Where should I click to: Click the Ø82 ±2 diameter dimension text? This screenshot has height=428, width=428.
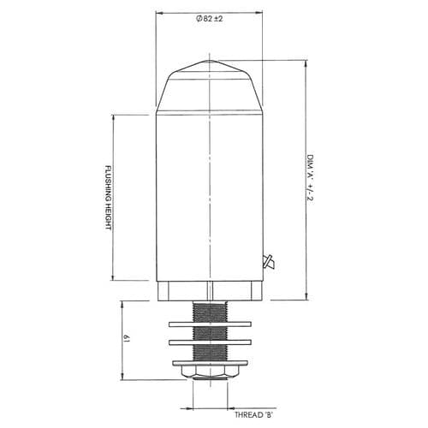point(209,20)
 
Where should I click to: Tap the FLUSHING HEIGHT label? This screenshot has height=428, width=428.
point(109,198)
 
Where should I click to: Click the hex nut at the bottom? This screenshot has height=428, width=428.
point(210,371)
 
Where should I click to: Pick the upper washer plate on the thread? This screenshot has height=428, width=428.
point(210,325)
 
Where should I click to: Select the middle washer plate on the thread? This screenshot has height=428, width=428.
point(210,342)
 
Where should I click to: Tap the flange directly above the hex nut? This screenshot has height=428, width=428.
point(210,360)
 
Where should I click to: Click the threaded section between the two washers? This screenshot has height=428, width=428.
point(210,334)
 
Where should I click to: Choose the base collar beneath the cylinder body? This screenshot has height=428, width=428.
point(210,291)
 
